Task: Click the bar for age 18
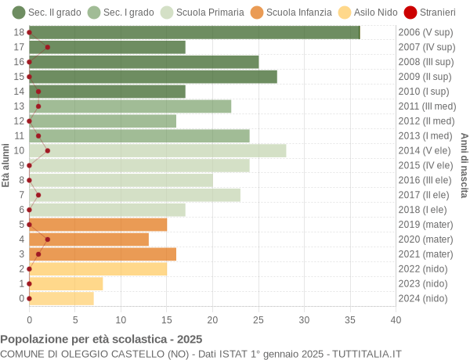click(x=194, y=32)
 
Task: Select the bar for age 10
click(x=157, y=150)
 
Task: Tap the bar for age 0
click(x=61, y=298)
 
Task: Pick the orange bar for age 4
click(x=89, y=239)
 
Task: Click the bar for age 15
click(x=153, y=77)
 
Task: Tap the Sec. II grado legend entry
click(x=45, y=13)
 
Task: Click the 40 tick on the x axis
click(x=396, y=319)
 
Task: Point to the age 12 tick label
click(x=19, y=121)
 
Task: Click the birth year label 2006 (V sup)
click(x=425, y=32)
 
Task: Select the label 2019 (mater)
click(x=425, y=225)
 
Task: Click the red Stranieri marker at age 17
click(x=48, y=47)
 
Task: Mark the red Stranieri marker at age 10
click(x=48, y=150)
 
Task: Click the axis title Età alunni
click(x=6, y=165)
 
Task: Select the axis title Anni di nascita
click(x=464, y=165)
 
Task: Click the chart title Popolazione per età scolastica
click(x=101, y=339)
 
